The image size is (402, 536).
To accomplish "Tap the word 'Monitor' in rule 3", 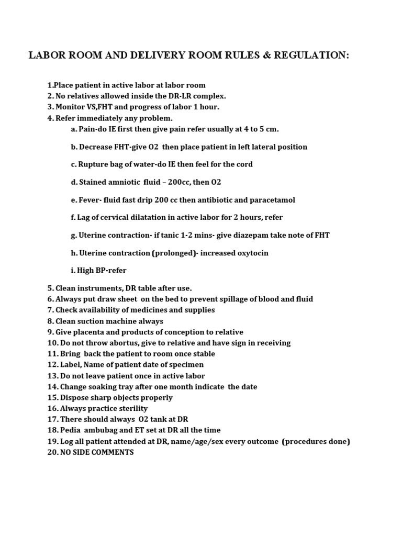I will pos(70,107).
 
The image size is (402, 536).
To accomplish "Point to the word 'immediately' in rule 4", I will pos(102,118).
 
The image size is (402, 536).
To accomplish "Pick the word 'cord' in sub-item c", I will pos(243,164).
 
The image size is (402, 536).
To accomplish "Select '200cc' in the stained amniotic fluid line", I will pos(171,182).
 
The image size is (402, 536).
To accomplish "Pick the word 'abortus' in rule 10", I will pos(122,343).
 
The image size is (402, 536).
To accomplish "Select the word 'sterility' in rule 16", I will pos(131,408).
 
